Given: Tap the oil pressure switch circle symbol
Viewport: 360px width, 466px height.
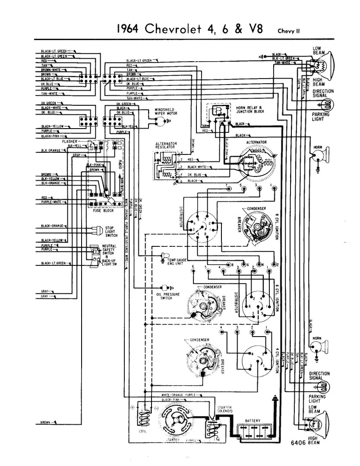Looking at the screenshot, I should [164, 287].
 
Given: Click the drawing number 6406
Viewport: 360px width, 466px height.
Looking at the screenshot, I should [298, 442].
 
